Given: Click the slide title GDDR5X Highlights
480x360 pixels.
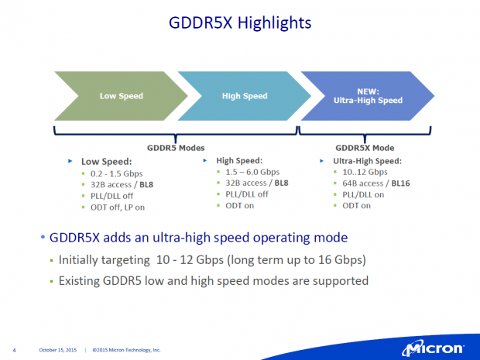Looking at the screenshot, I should tap(240, 22).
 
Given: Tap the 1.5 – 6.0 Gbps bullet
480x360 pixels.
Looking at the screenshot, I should tap(249, 172).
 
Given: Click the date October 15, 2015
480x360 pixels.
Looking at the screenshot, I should tap(58, 350).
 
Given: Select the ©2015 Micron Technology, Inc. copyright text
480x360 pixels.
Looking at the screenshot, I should tap(126, 350).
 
